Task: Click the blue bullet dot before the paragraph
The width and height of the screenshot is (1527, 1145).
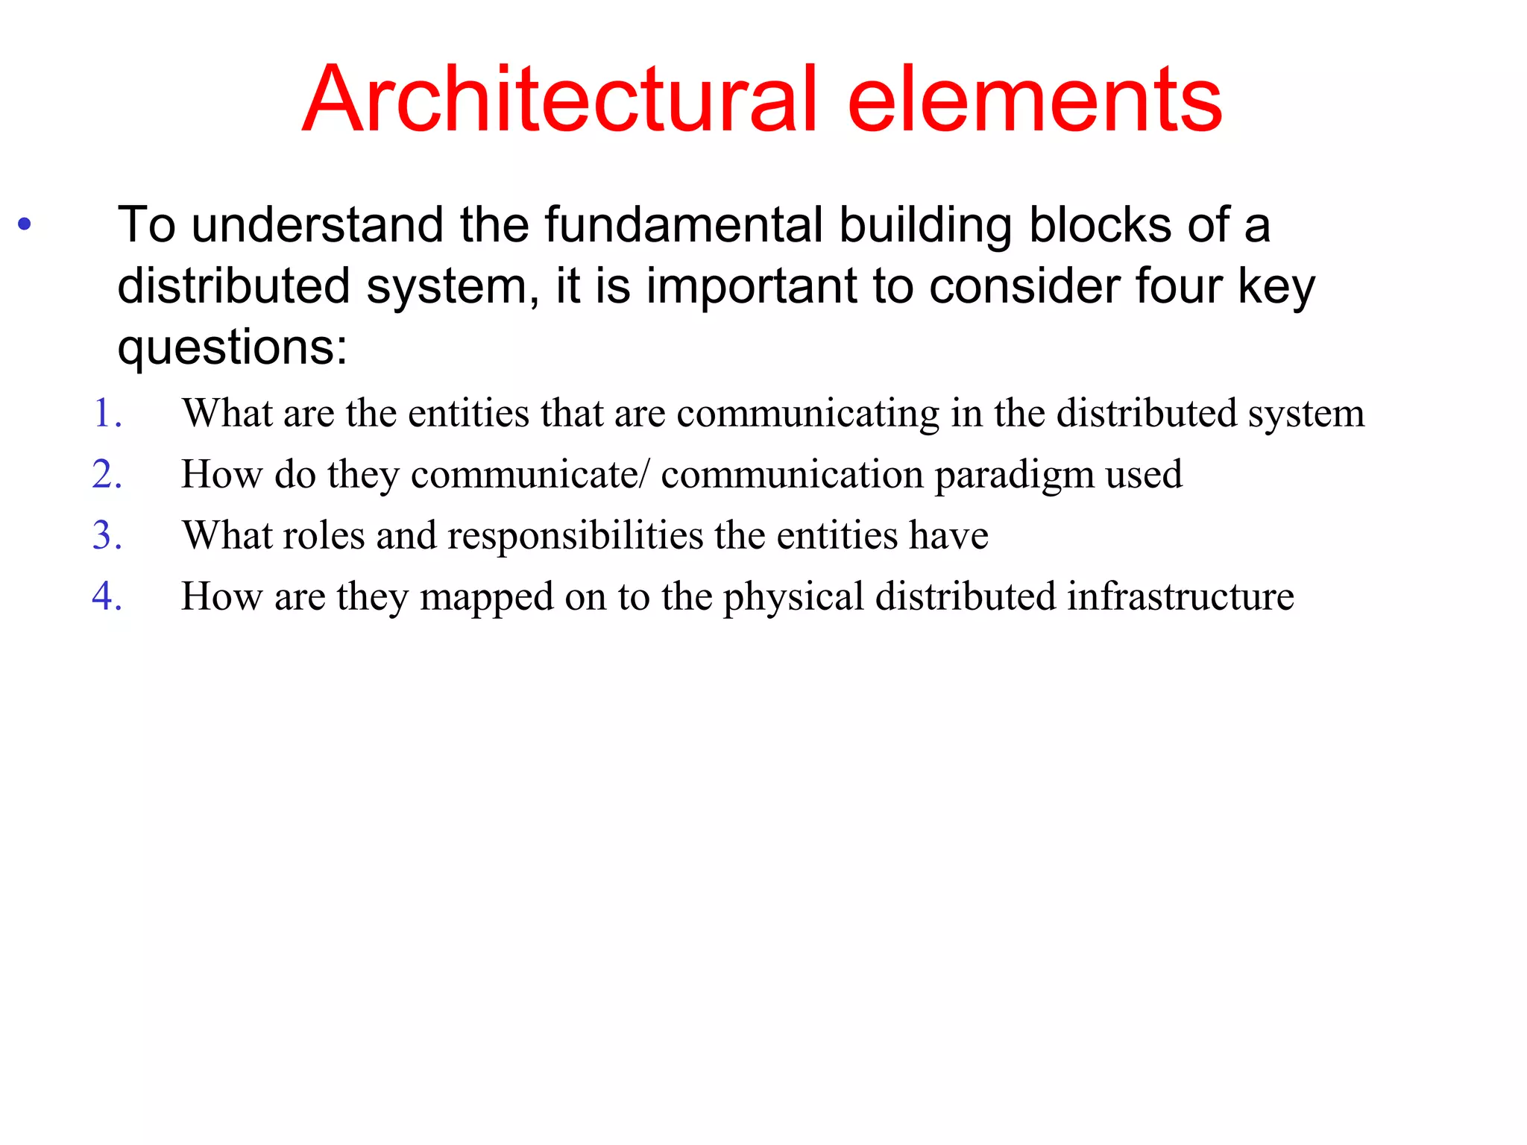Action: (25, 224)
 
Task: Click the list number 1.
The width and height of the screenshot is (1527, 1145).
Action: (107, 413)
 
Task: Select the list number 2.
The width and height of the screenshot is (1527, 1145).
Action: (107, 474)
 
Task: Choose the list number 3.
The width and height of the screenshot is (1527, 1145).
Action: (107, 535)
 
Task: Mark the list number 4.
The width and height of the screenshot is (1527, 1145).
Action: (107, 596)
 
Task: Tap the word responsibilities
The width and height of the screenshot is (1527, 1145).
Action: (575, 536)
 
